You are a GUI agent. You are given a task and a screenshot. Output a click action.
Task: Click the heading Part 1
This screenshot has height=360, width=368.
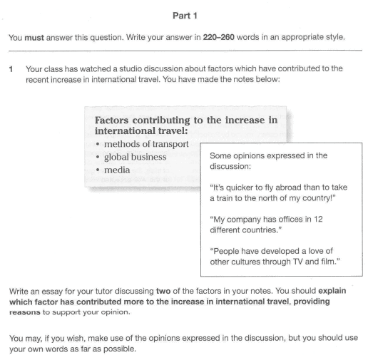[183, 14]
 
